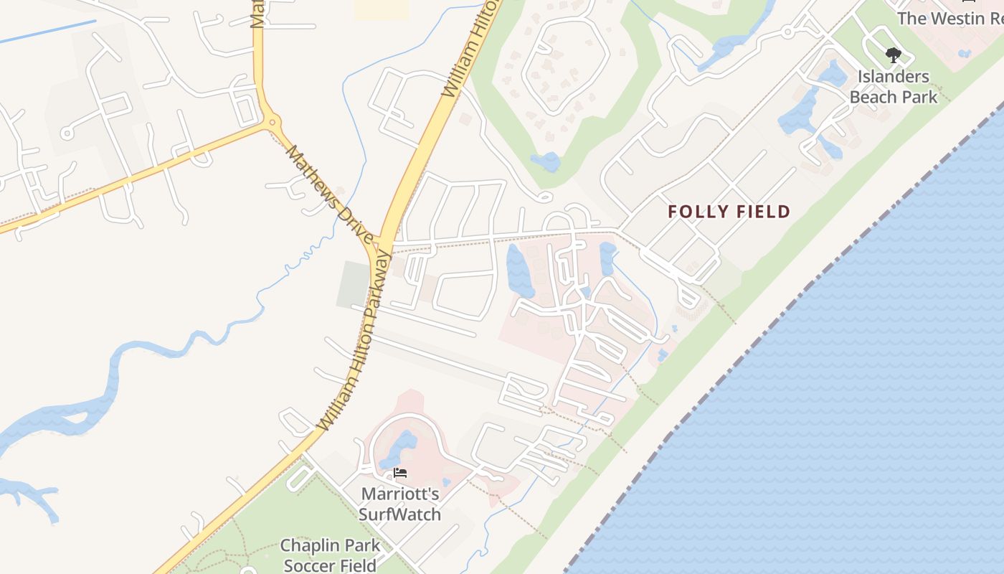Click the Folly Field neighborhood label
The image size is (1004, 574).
(x=729, y=212)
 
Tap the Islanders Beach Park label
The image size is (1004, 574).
(x=893, y=86)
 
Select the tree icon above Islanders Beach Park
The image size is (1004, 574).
(x=893, y=55)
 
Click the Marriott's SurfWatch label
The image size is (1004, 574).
(x=399, y=504)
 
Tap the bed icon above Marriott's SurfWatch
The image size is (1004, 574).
(x=400, y=473)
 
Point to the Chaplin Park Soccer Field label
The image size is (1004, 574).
(x=330, y=555)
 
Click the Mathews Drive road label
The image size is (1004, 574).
(x=329, y=194)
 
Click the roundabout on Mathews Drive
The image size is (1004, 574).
(x=272, y=123)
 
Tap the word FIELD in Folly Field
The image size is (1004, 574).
(x=760, y=212)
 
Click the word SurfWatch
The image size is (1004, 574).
(x=399, y=514)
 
